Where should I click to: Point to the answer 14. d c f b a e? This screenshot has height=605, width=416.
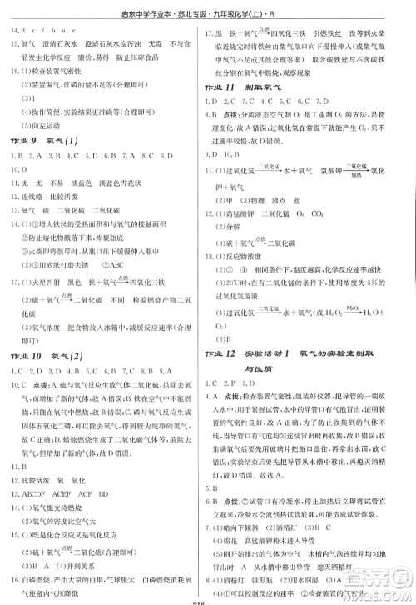coord(42,32)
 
